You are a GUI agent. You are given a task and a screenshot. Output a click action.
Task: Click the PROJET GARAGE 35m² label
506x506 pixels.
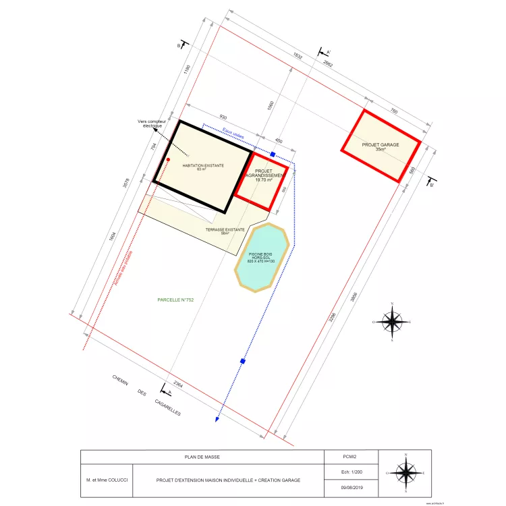(x=381, y=147)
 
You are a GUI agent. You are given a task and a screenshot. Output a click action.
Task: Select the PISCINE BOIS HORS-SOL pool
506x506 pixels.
(x=262, y=257)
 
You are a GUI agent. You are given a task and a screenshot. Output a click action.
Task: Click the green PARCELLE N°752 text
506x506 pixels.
(x=175, y=299)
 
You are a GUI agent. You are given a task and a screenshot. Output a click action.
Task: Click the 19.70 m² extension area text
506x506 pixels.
(x=263, y=179)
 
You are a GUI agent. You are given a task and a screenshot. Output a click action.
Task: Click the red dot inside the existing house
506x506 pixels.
(x=168, y=160)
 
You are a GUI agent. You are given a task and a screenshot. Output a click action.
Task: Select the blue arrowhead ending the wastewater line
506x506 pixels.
(x=217, y=419)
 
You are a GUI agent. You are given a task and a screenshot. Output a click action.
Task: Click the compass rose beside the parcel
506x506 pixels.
(x=392, y=322)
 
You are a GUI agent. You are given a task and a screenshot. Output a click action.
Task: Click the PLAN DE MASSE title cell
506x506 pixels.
(x=202, y=457)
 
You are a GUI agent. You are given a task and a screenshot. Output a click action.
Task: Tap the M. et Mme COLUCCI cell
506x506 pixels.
(x=107, y=480)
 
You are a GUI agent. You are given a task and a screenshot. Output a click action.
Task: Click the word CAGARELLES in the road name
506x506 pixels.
(x=167, y=407)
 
